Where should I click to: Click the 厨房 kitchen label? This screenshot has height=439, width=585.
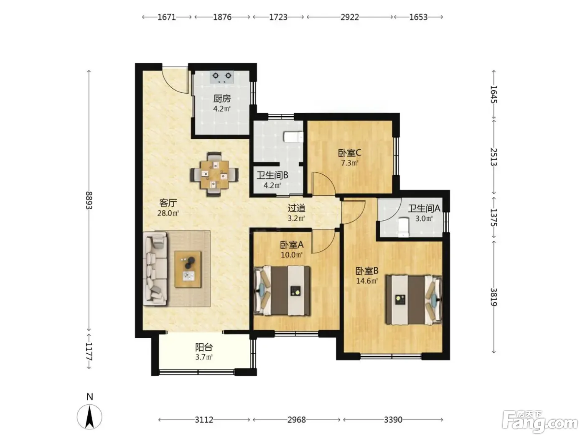(x=222, y=99)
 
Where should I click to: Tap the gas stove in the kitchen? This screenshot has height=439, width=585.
(x=222, y=77)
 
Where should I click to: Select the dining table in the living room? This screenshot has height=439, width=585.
(x=214, y=174)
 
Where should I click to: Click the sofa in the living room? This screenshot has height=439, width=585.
(x=155, y=269)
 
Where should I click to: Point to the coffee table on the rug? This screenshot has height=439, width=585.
(x=188, y=269)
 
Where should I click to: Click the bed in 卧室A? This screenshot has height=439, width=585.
(x=282, y=291)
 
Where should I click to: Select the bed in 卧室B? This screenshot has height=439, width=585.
(x=414, y=300)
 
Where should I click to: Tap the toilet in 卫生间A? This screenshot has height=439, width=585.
(x=403, y=227)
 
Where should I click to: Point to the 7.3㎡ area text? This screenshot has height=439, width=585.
(x=350, y=163)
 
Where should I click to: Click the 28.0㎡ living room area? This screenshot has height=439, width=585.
(x=168, y=213)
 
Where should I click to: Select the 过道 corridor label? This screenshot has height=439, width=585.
(x=296, y=208)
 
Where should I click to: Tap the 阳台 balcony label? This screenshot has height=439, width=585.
(x=204, y=347)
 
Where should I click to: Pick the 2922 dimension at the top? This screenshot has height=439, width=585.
(x=350, y=17)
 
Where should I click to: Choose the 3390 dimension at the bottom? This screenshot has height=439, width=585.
(x=393, y=420)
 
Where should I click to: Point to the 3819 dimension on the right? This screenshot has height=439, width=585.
(x=494, y=297)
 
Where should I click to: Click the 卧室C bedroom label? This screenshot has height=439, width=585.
(x=350, y=153)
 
